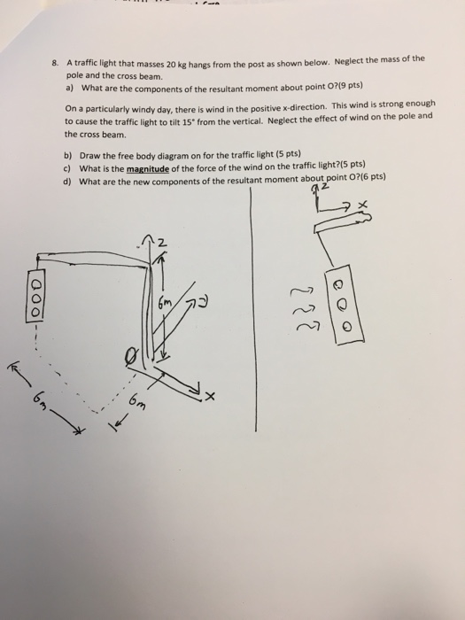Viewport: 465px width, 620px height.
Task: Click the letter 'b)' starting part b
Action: click(67, 155)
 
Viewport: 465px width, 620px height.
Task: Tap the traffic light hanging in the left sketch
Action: click(35, 300)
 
